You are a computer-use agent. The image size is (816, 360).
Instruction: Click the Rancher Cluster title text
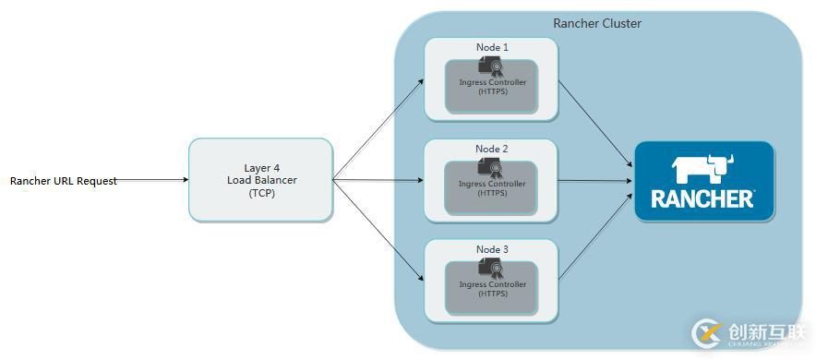pyautogui.click(x=596, y=23)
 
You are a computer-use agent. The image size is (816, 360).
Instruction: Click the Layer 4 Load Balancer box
pyautogui.click(x=260, y=180)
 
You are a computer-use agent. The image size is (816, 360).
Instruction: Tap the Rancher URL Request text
pyautogui.click(x=64, y=181)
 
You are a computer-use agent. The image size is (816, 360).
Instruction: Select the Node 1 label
pyautogui.click(x=492, y=47)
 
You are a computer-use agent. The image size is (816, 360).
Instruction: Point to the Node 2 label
pyautogui.click(x=492, y=149)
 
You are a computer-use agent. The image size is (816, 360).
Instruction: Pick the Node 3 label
pyautogui.click(x=492, y=249)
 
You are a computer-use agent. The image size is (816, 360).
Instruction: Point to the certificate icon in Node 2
pyautogui.click(x=490, y=167)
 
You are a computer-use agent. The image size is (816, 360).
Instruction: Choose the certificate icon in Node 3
pyautogui.click(x=490, y=268)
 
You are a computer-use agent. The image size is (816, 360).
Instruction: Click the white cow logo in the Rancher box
pyautogui.click(x=703, y=171)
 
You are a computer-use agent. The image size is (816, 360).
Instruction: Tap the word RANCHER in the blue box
pyautogui.click(x=703, y=198)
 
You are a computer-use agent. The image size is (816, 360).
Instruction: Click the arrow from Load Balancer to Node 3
pyautogui.click(x=378, y=231)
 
